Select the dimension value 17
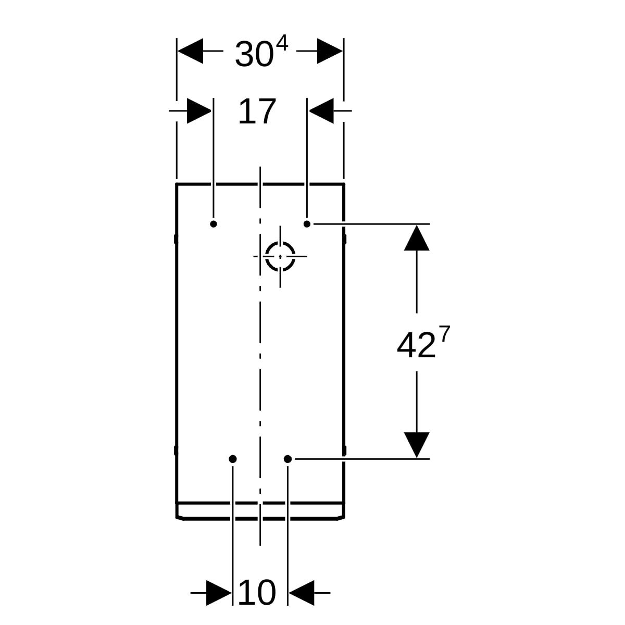point(257,111)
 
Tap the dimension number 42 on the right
point(416,346)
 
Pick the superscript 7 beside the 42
point(445,334)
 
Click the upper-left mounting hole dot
point(214,224)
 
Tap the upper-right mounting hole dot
point(307,224)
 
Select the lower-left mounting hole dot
point(232,459)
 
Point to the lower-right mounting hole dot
point(287,459)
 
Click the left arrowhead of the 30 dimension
point(191,51)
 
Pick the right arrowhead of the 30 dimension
point(330,51)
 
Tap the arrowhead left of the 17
point(199,111)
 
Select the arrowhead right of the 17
point(321,111)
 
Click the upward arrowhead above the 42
point(417,238)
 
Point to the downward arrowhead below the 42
point(417,445)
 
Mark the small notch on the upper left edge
point(176,239)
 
